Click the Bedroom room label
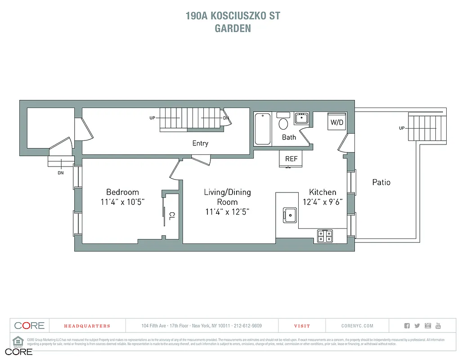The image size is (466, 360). [x=122, y=192]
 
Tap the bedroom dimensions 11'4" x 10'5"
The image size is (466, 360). [x=122, y=202]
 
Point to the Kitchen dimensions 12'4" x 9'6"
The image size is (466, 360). [x=323, y=202]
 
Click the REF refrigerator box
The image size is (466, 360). [x=291, y=159]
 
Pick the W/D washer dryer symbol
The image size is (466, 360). [x=337, y=121]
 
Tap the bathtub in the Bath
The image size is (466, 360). [x=263, y=129]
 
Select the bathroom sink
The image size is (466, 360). [x=302, y=118]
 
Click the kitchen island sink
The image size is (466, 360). [x=290, y=215]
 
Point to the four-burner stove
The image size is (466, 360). [x=325, y=236]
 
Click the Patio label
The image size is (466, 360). [x=381, y=182]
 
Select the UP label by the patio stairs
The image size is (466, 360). [x=401, y=128]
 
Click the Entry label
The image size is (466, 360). [x=200, y=143]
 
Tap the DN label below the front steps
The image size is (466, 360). [x=60, y=172]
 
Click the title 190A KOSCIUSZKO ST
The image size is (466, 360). [x=233, y=16]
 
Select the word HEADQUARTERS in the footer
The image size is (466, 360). [x=87, y=326]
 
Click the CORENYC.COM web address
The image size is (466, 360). [x=357, y=326]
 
